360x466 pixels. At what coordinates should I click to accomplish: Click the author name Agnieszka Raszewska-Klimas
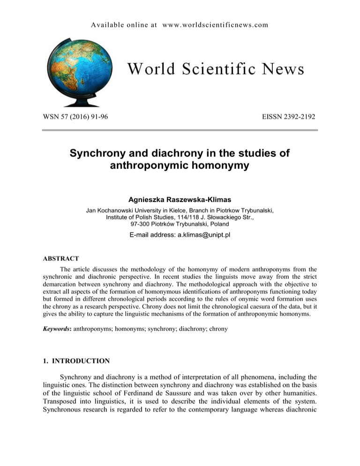[180, 198]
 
